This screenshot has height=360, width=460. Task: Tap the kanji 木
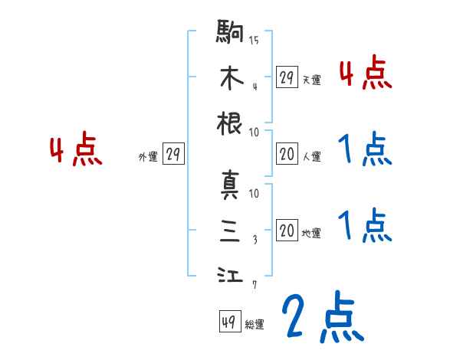click(231, 78)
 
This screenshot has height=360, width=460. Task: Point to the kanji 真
click(231, 186)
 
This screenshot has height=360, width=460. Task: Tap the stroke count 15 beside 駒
click(255, 41)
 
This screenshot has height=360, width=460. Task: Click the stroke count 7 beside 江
click(255, 285)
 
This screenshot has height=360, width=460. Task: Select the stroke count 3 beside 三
click(255, 239)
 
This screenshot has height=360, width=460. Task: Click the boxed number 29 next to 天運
click(287, 77)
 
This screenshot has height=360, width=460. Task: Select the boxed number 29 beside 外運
click(173, 155)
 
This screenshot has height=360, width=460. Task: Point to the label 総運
click(255, 325)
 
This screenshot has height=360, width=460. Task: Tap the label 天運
click(311, 80)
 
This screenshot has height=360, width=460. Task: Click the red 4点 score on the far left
click(75, 150)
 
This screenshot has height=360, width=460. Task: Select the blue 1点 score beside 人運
click(364, 149)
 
